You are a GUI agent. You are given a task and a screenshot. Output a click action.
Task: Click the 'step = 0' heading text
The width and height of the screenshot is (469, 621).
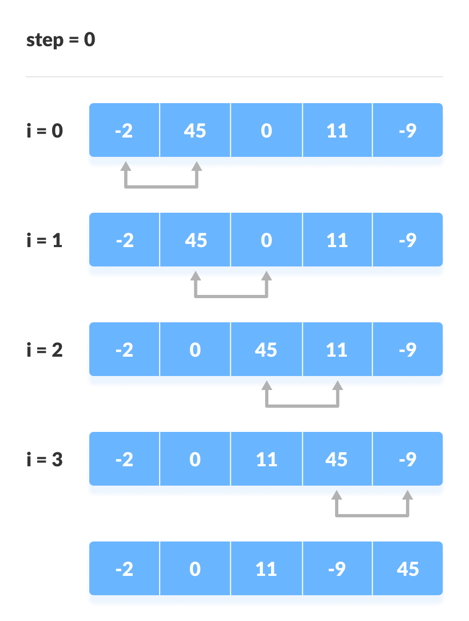click(60, 40)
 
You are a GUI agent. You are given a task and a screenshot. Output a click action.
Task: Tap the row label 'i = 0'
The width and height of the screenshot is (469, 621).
click(45, 131)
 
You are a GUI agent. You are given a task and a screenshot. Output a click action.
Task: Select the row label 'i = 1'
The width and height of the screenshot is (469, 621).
click(45, 240)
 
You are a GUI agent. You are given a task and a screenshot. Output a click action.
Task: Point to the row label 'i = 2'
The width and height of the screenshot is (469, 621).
click(45, 350)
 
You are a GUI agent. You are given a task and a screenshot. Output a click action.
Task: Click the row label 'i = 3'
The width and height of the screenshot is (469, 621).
click(45, 459)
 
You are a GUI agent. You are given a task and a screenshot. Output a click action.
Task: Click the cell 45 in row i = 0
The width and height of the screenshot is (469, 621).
click(195, 131)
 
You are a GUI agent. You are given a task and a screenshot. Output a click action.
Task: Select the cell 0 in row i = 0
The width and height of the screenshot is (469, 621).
click(266, 131)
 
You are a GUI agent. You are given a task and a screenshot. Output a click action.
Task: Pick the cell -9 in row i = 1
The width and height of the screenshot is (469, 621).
click(408, 240)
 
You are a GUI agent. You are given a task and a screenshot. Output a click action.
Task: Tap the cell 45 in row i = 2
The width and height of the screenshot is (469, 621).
click(266, 350)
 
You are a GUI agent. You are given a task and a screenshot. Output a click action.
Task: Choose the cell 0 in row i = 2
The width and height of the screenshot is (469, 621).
click(195, 350)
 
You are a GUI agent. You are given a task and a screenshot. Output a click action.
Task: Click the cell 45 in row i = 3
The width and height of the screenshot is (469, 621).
click(337, 459)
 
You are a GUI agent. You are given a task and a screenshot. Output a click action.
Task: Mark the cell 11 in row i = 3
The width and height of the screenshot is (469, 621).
click(266, 459)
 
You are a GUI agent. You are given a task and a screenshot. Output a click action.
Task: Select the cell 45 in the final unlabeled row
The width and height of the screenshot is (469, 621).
click(408, 569)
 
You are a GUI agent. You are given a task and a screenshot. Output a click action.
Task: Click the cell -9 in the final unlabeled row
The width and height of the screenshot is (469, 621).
click(337, 569)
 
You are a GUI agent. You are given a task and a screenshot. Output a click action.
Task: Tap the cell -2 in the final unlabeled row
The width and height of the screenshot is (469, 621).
click(124, 569)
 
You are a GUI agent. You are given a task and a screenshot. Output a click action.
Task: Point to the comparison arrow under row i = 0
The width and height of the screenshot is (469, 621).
click(161, 186)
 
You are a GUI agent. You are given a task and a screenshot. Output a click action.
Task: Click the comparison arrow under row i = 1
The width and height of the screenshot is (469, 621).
click(231, 296)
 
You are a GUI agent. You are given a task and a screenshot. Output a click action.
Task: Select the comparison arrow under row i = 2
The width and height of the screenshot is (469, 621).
click(302, 406)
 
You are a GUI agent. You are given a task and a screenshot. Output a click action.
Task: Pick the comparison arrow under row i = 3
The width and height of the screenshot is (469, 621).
click(372, 515)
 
